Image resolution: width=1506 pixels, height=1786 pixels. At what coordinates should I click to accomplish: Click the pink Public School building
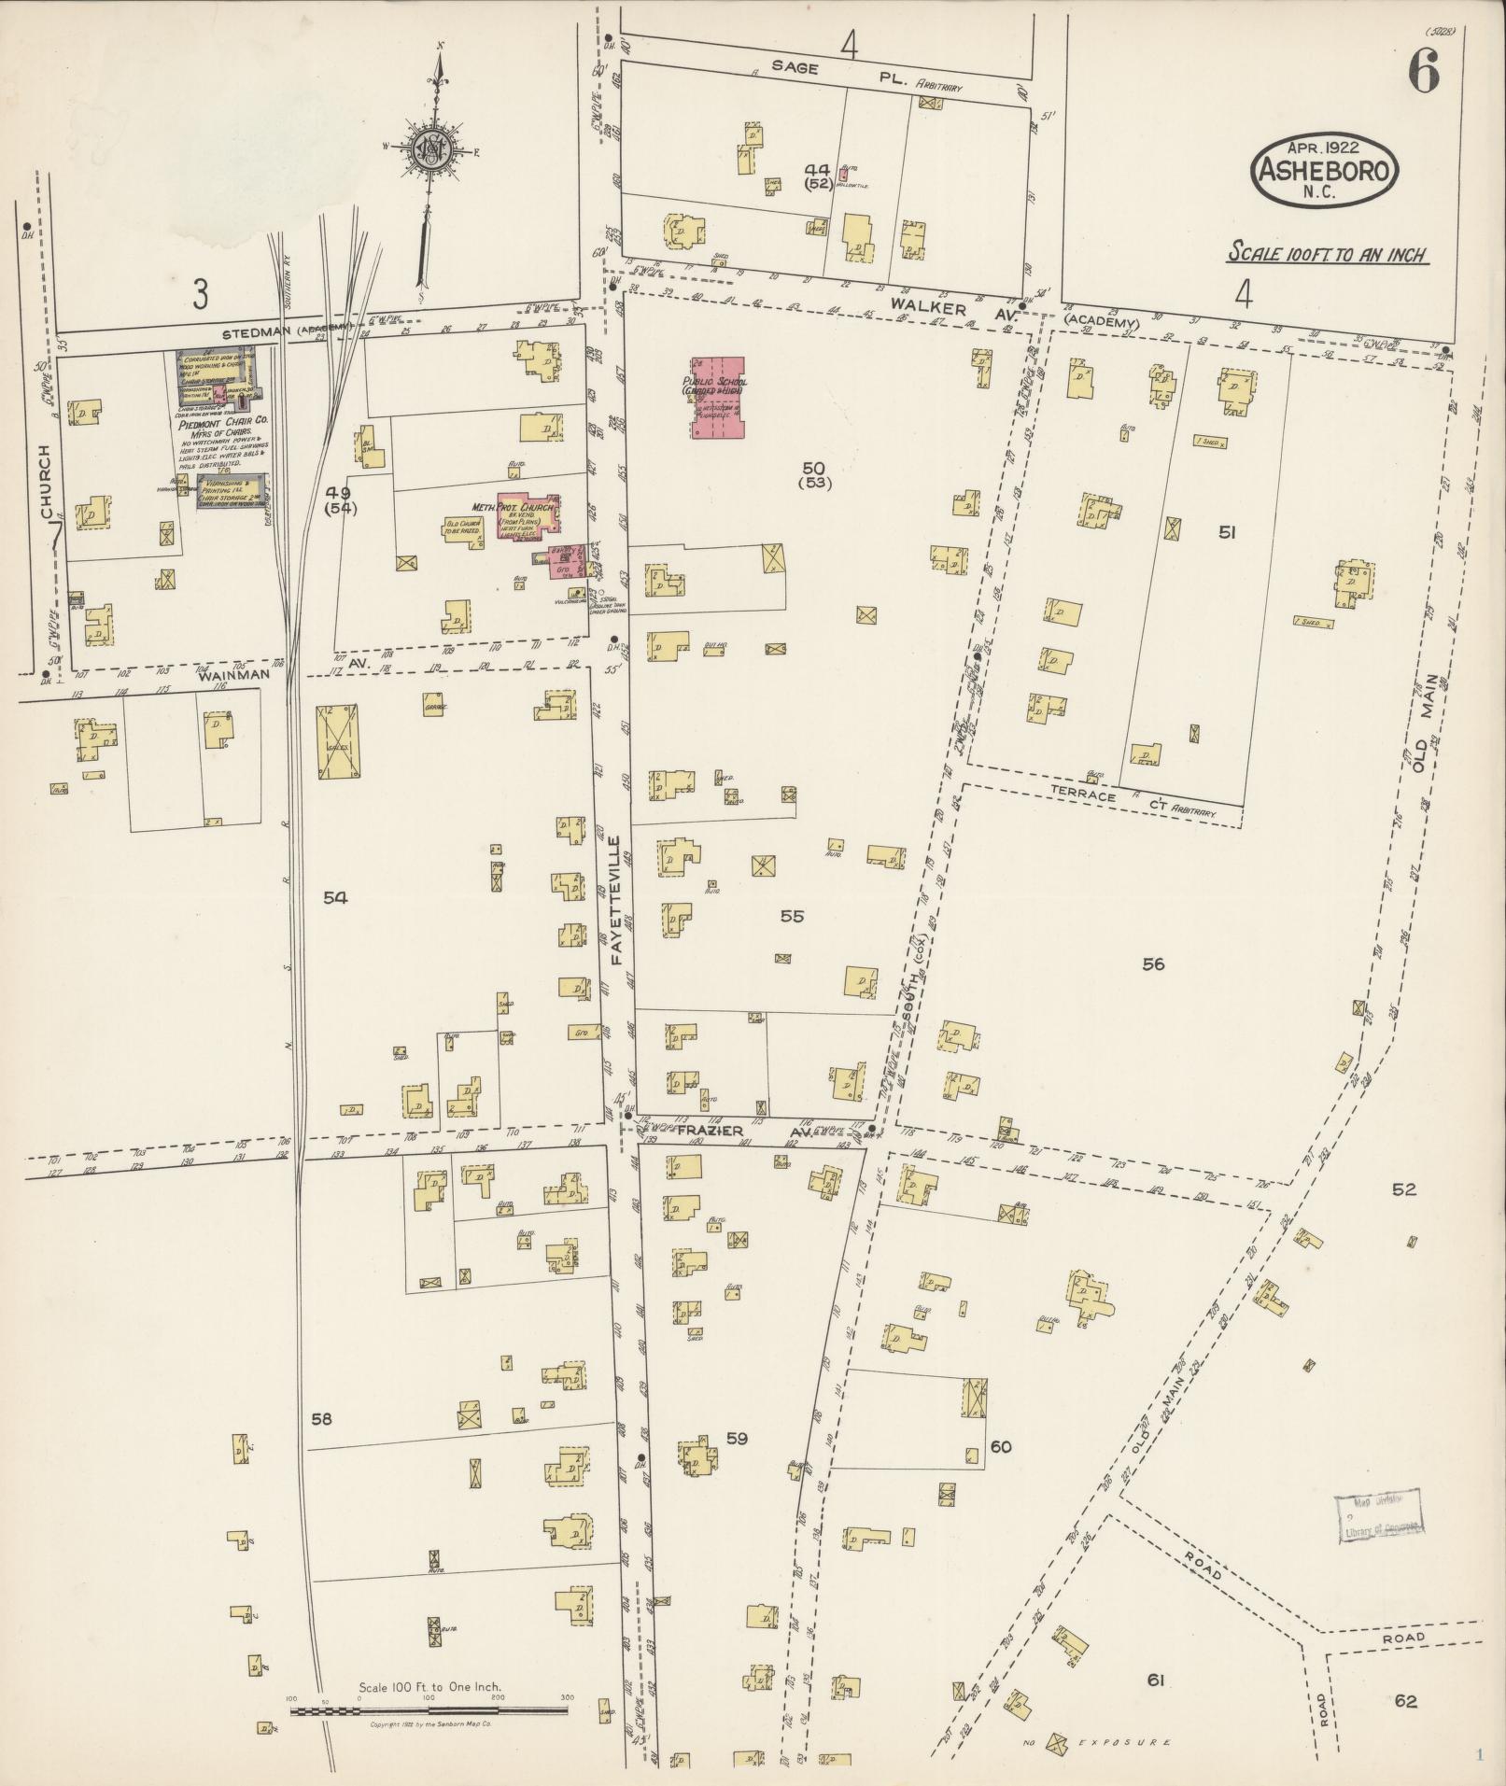(718, 398)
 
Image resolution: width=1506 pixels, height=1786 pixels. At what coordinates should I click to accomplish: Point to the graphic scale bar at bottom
(429, 1711)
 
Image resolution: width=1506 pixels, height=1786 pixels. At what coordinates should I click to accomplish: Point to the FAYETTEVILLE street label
(616, 901)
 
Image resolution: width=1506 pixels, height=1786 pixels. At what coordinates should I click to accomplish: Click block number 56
(1154, 964)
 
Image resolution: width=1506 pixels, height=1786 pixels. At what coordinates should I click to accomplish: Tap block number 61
(1156, 1681)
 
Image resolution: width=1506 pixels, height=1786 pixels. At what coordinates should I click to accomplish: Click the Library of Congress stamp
(1380, 1519)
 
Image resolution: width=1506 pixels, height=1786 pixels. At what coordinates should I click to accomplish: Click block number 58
(321, 1419)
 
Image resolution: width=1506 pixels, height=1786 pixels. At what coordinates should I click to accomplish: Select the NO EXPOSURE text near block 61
(1111, 1743)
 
